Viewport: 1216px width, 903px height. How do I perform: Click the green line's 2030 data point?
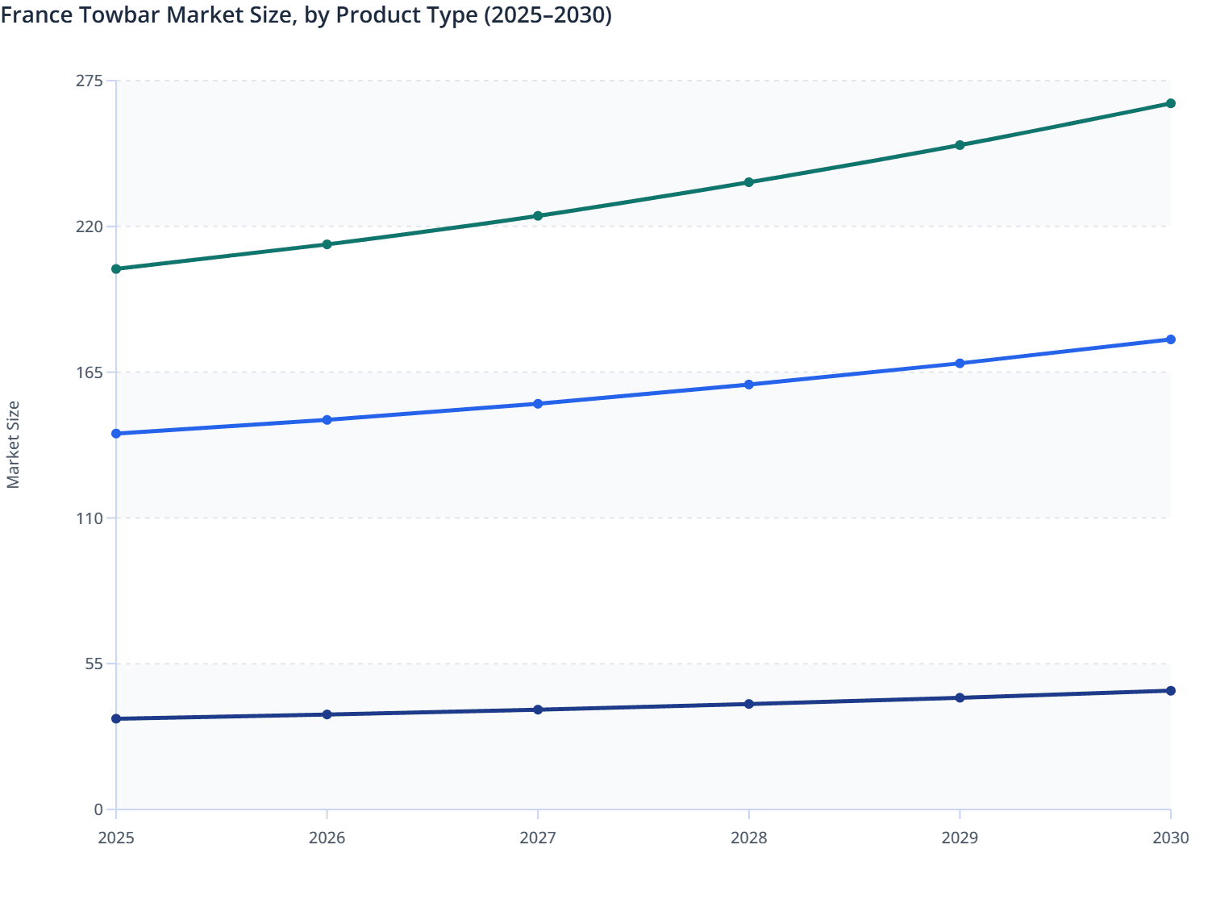(x=1171, y=103)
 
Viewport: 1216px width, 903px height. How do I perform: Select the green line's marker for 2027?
(x=538, y=216)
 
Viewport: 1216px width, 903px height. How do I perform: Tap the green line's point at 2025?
(x=116, y=268)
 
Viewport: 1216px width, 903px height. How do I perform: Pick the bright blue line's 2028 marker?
(x=749, y=385)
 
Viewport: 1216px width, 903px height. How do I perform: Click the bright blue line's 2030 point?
(x=1171, y=339)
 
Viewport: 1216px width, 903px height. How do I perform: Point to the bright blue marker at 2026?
(x=327, y=420)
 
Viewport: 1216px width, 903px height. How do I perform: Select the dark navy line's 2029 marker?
(x=960, y=697)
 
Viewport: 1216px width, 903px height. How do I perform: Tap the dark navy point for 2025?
(x=116, y=718)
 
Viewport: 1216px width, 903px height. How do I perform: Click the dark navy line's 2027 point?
(x=538, y=709)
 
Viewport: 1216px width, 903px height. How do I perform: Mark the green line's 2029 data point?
(x=960, y=145)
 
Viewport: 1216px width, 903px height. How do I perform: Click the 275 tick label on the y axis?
(x=90, y=81)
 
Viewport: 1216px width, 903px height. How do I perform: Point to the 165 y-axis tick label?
(x=90, y=372)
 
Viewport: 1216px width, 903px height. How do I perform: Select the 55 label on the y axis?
(x=94, y=664)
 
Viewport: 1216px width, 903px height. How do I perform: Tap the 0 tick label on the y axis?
(x=98, y=809)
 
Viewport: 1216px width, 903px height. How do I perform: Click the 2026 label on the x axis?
(x=327, y=838)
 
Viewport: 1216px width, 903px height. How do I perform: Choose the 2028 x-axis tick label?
(x=749, y=838)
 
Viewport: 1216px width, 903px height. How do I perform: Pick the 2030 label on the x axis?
(x=1171, y=838)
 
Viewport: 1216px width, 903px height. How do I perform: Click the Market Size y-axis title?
(x=14, y=445)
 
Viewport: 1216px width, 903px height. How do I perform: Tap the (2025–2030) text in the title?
(x=548, y=15)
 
